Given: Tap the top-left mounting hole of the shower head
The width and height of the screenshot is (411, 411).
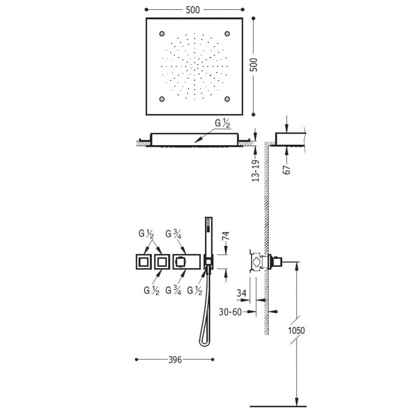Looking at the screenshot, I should tap(162, 34).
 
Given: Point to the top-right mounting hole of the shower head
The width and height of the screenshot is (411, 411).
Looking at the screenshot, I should tap(226, 34).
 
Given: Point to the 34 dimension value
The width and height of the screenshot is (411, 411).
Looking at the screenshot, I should tap(241, 293).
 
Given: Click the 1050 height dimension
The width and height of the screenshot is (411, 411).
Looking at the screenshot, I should tap(296, 330).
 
